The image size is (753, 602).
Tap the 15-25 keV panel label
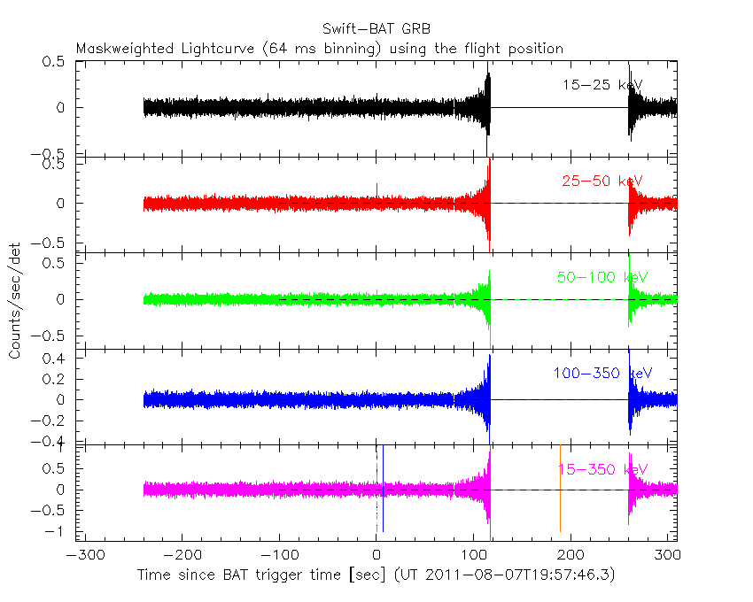(602, 85)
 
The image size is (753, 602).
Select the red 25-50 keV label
(602, 181)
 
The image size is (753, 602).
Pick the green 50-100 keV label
(602, 277)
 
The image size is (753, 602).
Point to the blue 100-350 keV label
(603, 374)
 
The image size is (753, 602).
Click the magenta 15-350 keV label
(603, 468)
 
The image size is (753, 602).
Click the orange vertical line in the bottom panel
(560, 489)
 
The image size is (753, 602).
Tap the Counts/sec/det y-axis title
(15, 301)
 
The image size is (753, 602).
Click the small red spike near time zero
(377, 189)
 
